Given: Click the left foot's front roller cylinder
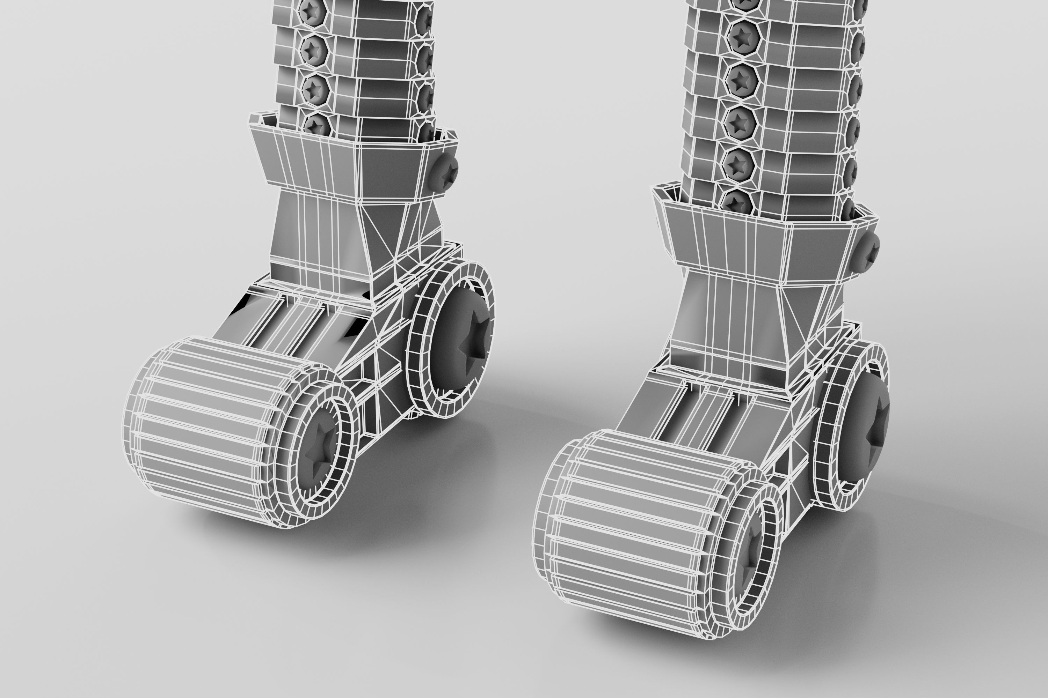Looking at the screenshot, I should pyautogui.click(x=201, y=427).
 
